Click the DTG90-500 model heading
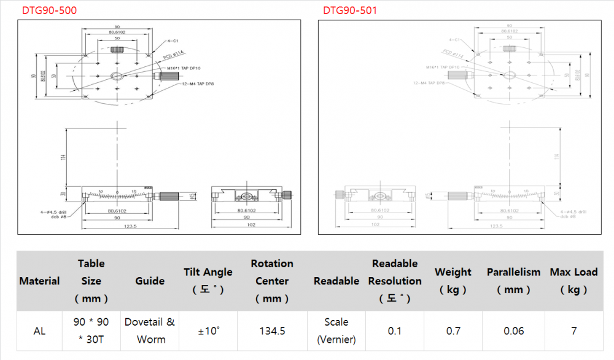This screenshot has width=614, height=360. pos(50,10)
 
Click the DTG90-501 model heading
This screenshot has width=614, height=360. pos(350,10)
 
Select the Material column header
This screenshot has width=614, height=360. pos(40,281)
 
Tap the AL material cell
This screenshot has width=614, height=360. pos(40,331)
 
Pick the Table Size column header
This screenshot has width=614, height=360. pos(91,281)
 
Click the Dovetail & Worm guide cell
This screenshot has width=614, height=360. pos(150,331)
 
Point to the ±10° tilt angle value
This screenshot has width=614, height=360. pos(208,331)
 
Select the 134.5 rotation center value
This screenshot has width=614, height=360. pos(272,331)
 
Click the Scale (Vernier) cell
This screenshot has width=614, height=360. pos(336,331)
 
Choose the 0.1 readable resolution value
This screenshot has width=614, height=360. pos(395,331)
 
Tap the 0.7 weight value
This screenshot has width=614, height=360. pos(453,331)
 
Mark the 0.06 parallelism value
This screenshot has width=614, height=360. pos(513,331)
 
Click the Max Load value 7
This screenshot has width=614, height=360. pos(573,331)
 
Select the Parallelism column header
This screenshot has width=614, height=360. pos(513,272)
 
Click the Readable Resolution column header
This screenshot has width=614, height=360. pos(395,281)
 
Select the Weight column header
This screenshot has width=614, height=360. pos(453,281)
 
